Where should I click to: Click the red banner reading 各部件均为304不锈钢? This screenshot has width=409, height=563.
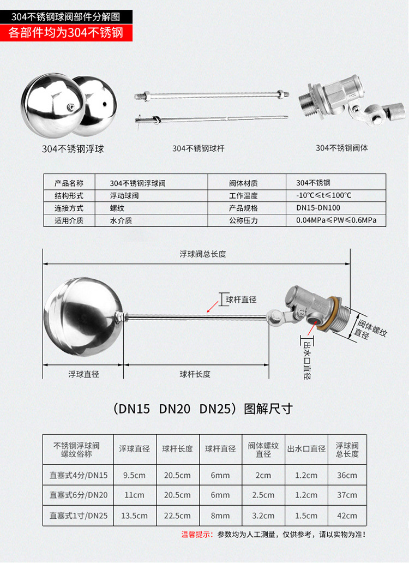pos(66,33)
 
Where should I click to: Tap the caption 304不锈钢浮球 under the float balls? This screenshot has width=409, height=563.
pos(73,148)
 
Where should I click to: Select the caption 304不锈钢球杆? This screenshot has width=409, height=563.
pos(199,148)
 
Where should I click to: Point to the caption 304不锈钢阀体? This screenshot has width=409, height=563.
pos(341,148)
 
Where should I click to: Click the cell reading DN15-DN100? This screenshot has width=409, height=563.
pos(318,208)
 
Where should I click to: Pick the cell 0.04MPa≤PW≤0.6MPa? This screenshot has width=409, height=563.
pos(336,220)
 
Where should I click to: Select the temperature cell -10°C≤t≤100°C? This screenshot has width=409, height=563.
pos(323,196)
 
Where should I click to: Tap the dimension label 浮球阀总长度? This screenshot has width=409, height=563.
pos(203,254)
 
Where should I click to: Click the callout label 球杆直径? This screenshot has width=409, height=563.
pos(241,300)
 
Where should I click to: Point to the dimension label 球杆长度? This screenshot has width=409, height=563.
pos(195,374)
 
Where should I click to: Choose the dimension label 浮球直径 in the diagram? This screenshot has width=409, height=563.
pos(83,374)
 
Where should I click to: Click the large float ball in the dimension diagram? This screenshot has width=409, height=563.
pos(83,316)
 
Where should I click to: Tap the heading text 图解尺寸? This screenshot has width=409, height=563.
pos(268,409)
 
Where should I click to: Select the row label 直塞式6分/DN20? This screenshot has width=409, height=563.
pos(79,495)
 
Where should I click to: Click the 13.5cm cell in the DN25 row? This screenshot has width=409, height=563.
pos(134,516)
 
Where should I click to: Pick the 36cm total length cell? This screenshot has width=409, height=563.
pos(347,475)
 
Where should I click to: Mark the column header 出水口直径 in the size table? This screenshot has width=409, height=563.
pos(306,449)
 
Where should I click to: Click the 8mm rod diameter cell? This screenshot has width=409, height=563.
pos(220,516)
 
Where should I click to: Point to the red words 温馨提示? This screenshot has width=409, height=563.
pos(197,535)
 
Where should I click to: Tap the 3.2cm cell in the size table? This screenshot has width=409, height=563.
pos(263,516)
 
